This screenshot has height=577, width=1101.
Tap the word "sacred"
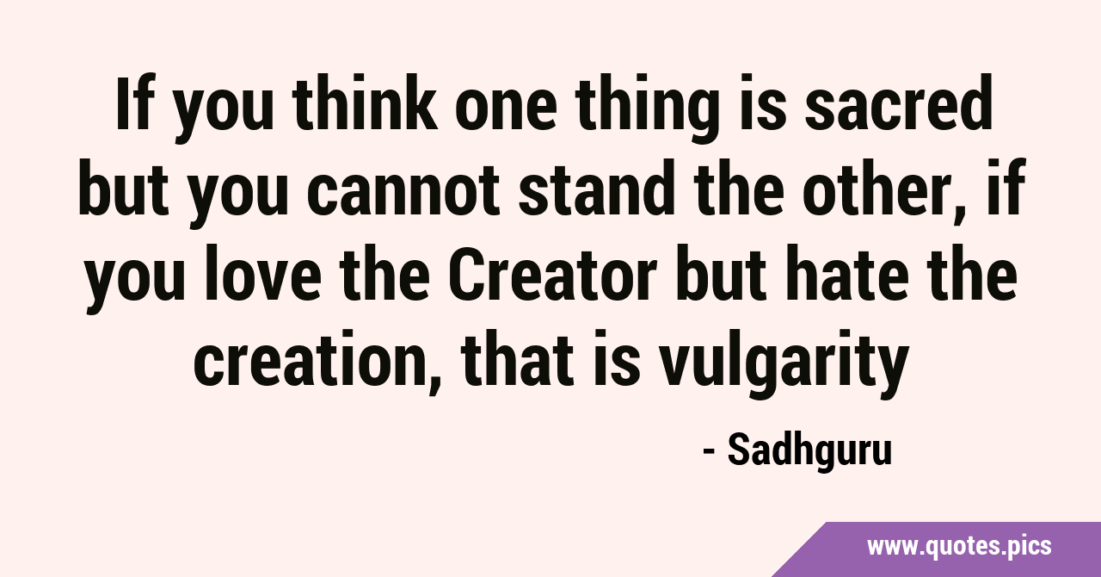(898, 102)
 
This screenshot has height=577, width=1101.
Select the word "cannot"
(403, 188)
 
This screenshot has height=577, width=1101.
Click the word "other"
(871, 188)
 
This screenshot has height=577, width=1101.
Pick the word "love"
(262, 272)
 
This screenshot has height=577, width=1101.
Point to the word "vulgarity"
(783, 362)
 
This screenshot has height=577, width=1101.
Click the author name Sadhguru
(809, 450)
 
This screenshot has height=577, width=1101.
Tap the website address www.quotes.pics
(959, 546)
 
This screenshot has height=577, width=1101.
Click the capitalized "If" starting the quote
(132, 102)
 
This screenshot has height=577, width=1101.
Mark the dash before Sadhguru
(709, 452)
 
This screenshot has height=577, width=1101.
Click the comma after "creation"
(435, 383)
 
